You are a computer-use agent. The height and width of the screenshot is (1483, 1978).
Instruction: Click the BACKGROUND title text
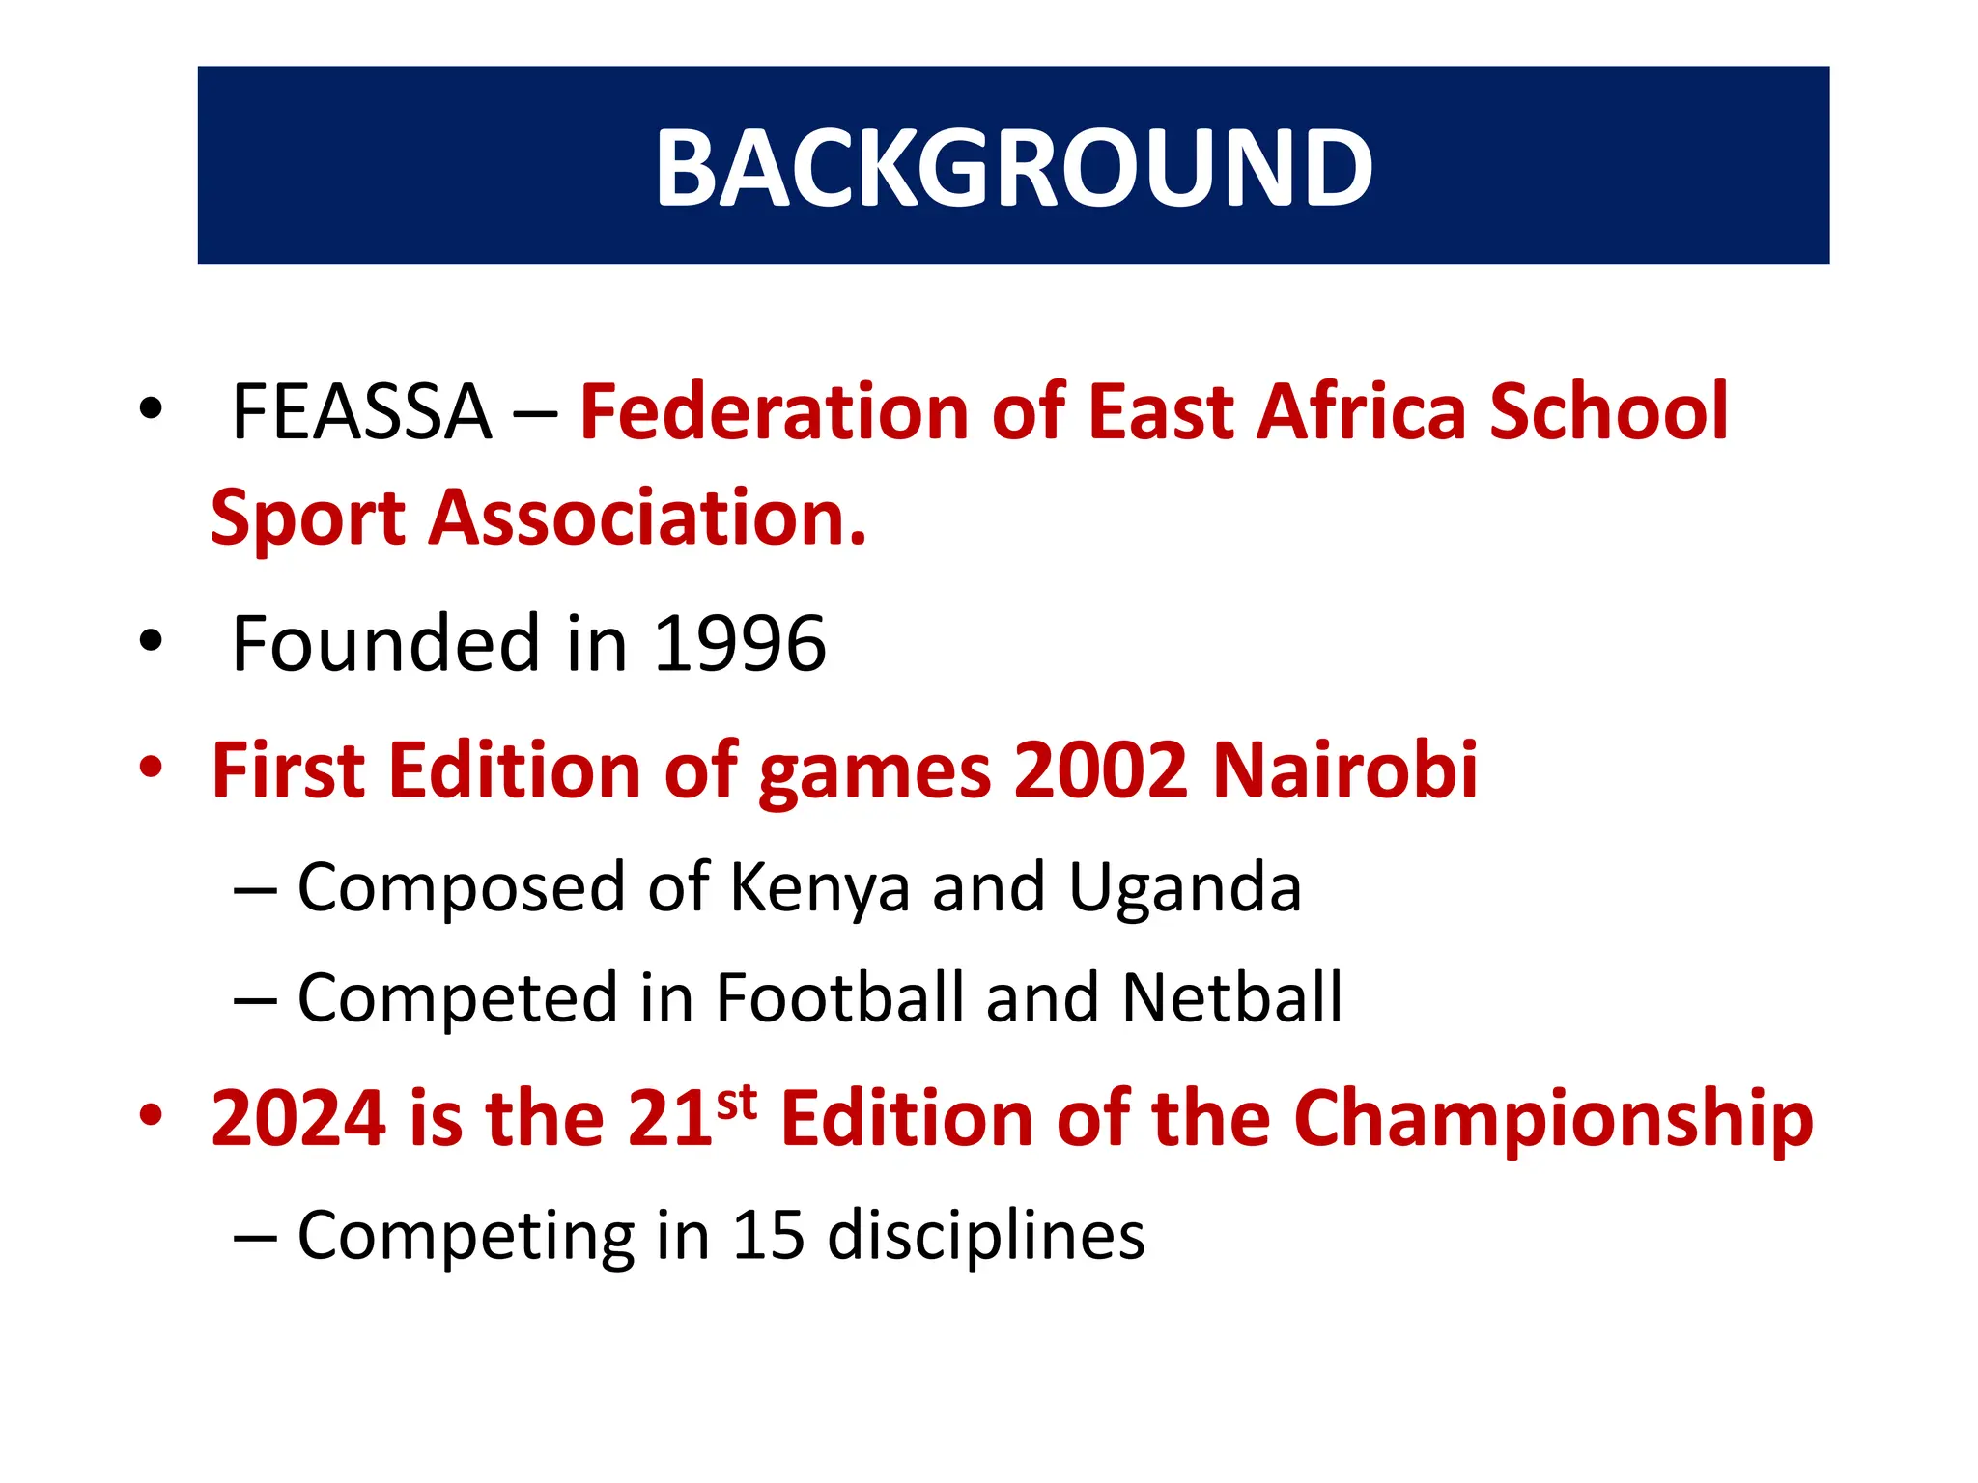pyautogui.click(x=1013, y=167)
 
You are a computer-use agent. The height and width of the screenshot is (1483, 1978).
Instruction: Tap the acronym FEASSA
pyautogui.click(x=362, y=412)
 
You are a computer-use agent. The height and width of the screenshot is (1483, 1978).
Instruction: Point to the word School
pyautogui.click(x=1608, y=412)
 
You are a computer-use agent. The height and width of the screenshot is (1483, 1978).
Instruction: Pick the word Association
pyautogui.click(x=647, y=518)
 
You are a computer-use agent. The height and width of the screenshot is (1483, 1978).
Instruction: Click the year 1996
pyautogui.click(x=740, y=644)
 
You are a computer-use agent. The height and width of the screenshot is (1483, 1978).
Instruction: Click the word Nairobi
pyautogui.click(x=1344, y=770)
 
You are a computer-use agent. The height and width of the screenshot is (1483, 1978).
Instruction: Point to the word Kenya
pyautogui.click(x=820, y=887)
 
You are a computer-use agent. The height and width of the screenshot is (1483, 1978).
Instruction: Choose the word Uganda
pyautogui.click(x=1185, y=887)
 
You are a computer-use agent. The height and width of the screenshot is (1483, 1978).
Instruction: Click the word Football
pyautogui.click(x=839, y=997)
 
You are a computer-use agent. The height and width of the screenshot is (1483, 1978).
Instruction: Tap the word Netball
pyautogui.click(x=1232, y=997)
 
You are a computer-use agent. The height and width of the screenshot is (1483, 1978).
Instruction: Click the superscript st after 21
pyautogui.click(x=737, y=1102)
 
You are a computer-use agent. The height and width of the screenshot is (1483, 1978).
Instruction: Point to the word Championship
pyautogui.click(x=1553, y=1118)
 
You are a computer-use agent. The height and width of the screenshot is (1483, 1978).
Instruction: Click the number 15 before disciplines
pyautogui.click(x=769, y=1235)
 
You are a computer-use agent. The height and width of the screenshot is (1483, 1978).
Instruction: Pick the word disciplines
pyautogui.click(x=986, y=1235)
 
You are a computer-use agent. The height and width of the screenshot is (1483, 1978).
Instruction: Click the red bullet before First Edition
pyautogui.click(x=151, y=768)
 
